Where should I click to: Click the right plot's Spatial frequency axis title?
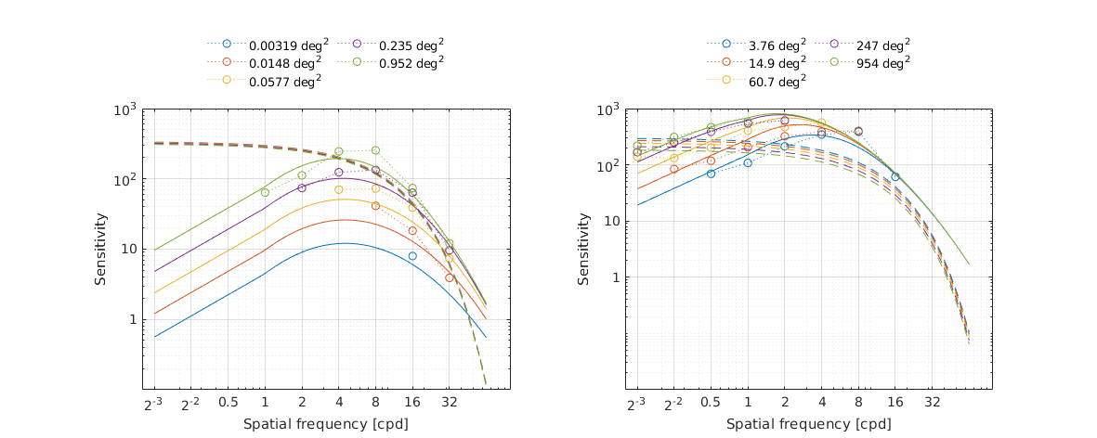808,424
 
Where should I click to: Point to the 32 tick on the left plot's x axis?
449,405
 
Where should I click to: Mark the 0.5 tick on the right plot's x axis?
711,405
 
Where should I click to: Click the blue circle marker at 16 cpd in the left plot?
412,255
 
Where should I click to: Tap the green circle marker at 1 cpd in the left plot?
265,192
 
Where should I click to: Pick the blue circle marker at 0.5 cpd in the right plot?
711,174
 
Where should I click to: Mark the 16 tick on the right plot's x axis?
895,405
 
